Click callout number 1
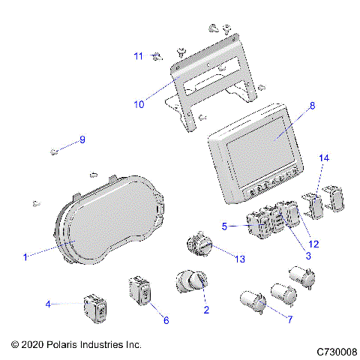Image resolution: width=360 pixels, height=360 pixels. coord(25,257)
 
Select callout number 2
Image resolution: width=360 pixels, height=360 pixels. coord(205,310)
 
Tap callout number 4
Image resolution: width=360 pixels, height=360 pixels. coord(48,304)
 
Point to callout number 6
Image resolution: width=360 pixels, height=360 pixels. coord(166,320)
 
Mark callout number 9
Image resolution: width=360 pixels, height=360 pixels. coord(82,139)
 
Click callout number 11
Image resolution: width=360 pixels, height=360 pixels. coord(138,56)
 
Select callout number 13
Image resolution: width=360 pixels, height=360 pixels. coord(239,259)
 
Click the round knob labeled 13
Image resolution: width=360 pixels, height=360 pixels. coord(200,247)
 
